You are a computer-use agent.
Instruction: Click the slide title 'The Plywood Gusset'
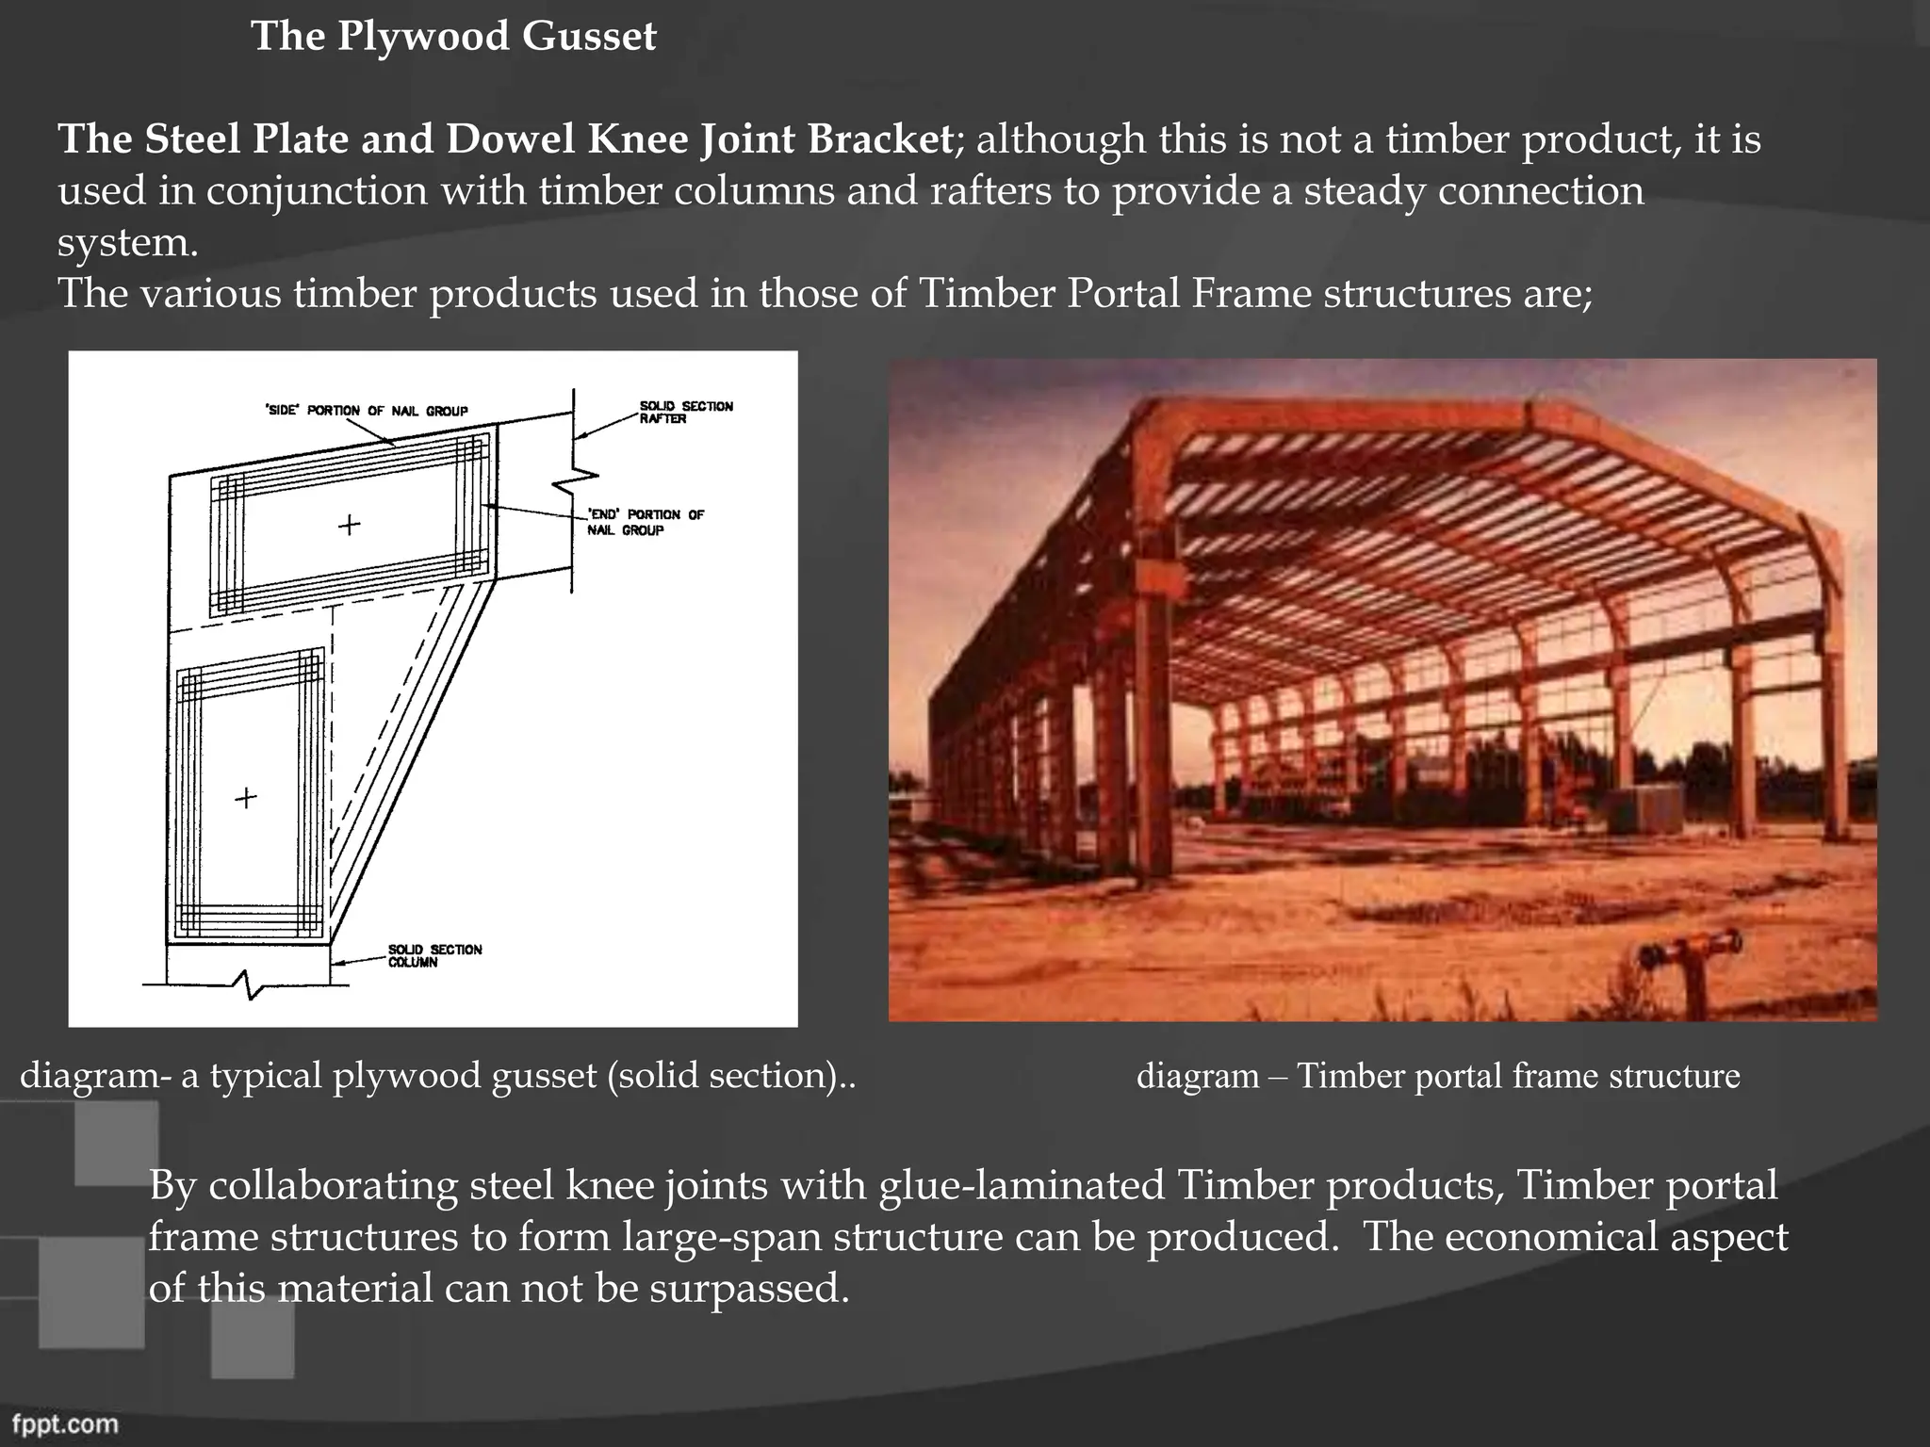[x=453, y=37]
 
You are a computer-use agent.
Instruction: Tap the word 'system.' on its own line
[x=128, y=243]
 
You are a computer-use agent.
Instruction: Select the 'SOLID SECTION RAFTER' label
[x=685, y=412]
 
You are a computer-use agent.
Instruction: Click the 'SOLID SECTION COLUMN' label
[x=434, y=955]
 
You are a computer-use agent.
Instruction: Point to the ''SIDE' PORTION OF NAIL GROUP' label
[x=367, y=411]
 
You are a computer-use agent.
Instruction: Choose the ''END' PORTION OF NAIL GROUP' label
[x=645, y=522]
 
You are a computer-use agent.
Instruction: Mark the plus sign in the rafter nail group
[x=349, y=525]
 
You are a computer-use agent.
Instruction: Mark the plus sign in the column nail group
[x=246, y=798]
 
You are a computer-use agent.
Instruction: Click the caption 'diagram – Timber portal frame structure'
[x=1438, y=1076]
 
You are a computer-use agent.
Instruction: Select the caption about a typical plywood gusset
[x=437, y=1076]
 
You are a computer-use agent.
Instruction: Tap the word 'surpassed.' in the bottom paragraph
[x=749, y=1288]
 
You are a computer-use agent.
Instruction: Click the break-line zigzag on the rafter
[x=571, y=480]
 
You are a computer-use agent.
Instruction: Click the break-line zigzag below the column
[x=248, y=985]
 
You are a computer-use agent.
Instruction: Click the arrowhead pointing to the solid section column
[x=336, y=962]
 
